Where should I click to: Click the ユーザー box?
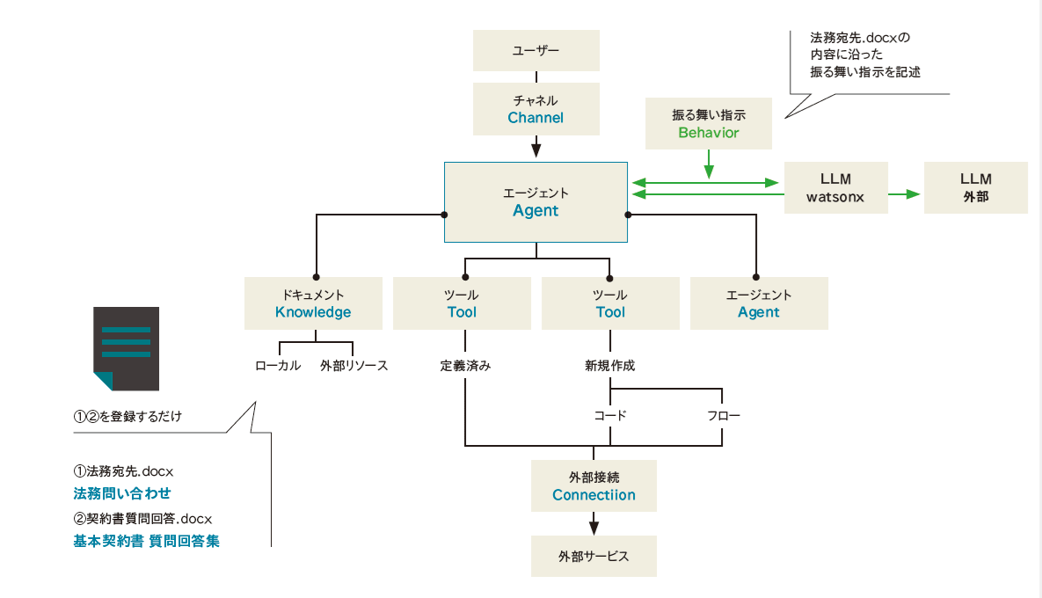[x=536, y=50]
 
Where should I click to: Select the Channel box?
[x=536, y=108]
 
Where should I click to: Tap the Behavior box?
[x=708, y=123]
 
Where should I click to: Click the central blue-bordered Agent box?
[x=536, y=201]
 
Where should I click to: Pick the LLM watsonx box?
[x=835, y=188]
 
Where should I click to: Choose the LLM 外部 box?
[x=975, y=188]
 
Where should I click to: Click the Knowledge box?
[x=313, y=303]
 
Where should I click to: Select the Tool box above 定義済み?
[x=462, y=303]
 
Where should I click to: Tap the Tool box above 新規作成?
[x=610, y=303]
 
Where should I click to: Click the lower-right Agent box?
[x=759, y=303]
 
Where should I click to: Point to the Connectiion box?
[x=594, y=485]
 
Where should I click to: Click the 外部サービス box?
[x=594, y=557]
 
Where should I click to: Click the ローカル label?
[x=278, y=366]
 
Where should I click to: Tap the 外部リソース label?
[x=353, y=366]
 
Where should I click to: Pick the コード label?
[x=610, y=415]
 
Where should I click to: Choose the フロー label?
[x=723, y=415]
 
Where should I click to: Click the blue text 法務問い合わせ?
[x=122, y=493]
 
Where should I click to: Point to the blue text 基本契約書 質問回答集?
[x=146, y=541]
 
